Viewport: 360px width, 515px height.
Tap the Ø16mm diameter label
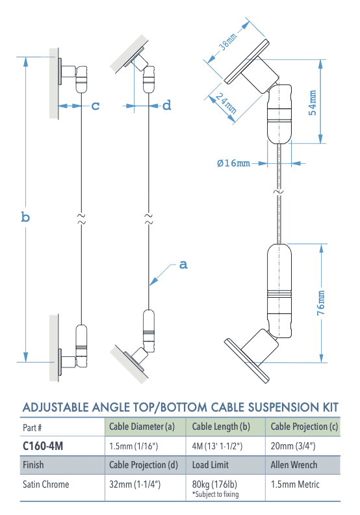tap(233, 163)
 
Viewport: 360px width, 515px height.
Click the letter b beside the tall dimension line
tap(25, 217)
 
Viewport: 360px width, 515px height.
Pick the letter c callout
tap(96, 105)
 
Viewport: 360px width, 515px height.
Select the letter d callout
tap(166, 105)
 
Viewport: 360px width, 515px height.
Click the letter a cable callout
tap(183, 265)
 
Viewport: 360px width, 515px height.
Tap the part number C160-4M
tap(43, 447)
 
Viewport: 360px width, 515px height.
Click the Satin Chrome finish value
tap(47, 484)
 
